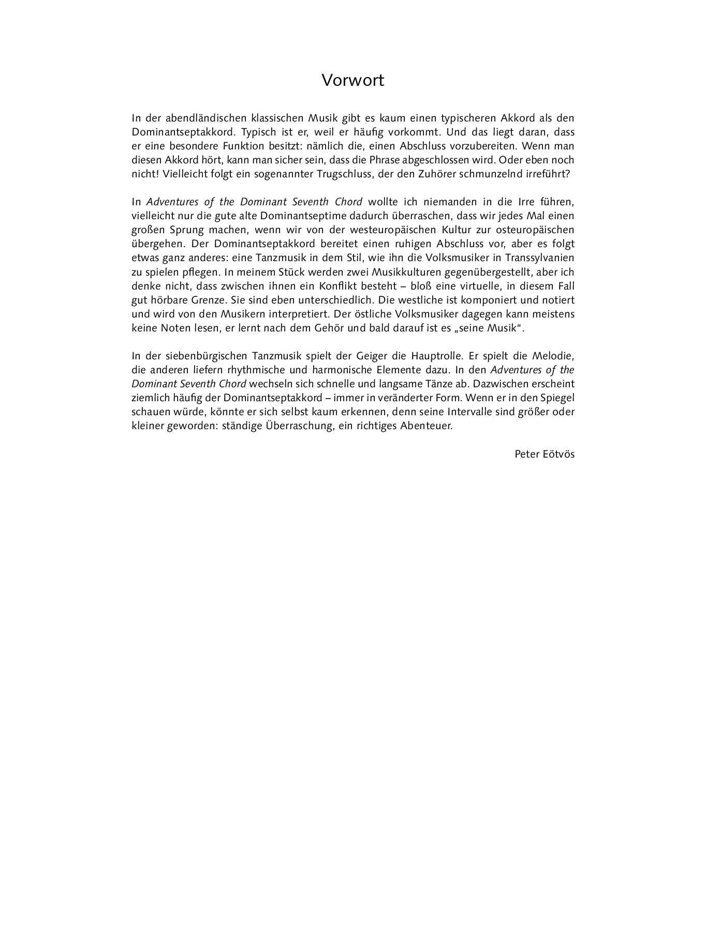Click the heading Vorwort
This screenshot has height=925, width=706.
[352, 81]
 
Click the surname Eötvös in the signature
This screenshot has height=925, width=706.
[558, 454]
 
